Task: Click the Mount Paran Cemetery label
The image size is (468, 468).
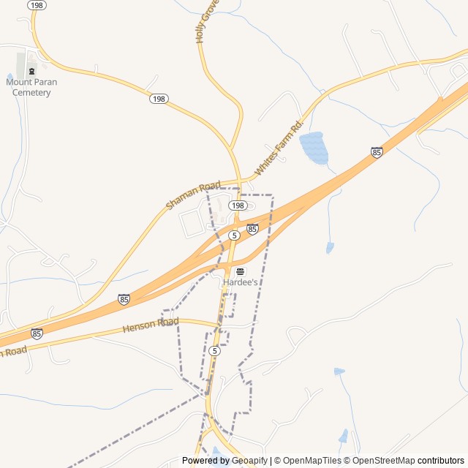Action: point(31,87)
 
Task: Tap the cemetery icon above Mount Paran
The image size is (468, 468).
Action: point(31,72)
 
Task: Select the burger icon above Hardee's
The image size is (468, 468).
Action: point(240,271)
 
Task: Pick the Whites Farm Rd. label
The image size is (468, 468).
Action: point(278,148)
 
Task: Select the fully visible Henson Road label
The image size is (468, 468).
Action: point(151,323)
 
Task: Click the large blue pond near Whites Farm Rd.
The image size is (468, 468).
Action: point(314,148)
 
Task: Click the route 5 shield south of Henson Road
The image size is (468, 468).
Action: point(214,351)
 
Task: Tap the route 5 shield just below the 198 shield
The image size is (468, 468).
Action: point(233,235)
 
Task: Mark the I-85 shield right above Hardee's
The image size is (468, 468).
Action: point(252,229)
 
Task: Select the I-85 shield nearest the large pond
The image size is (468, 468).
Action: point(377,152)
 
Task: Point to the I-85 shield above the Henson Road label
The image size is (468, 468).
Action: point(124,299)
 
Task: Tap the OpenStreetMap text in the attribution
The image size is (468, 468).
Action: point(381,461)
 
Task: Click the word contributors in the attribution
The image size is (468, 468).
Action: point(441,461)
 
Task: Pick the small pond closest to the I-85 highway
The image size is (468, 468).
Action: point(330,248)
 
